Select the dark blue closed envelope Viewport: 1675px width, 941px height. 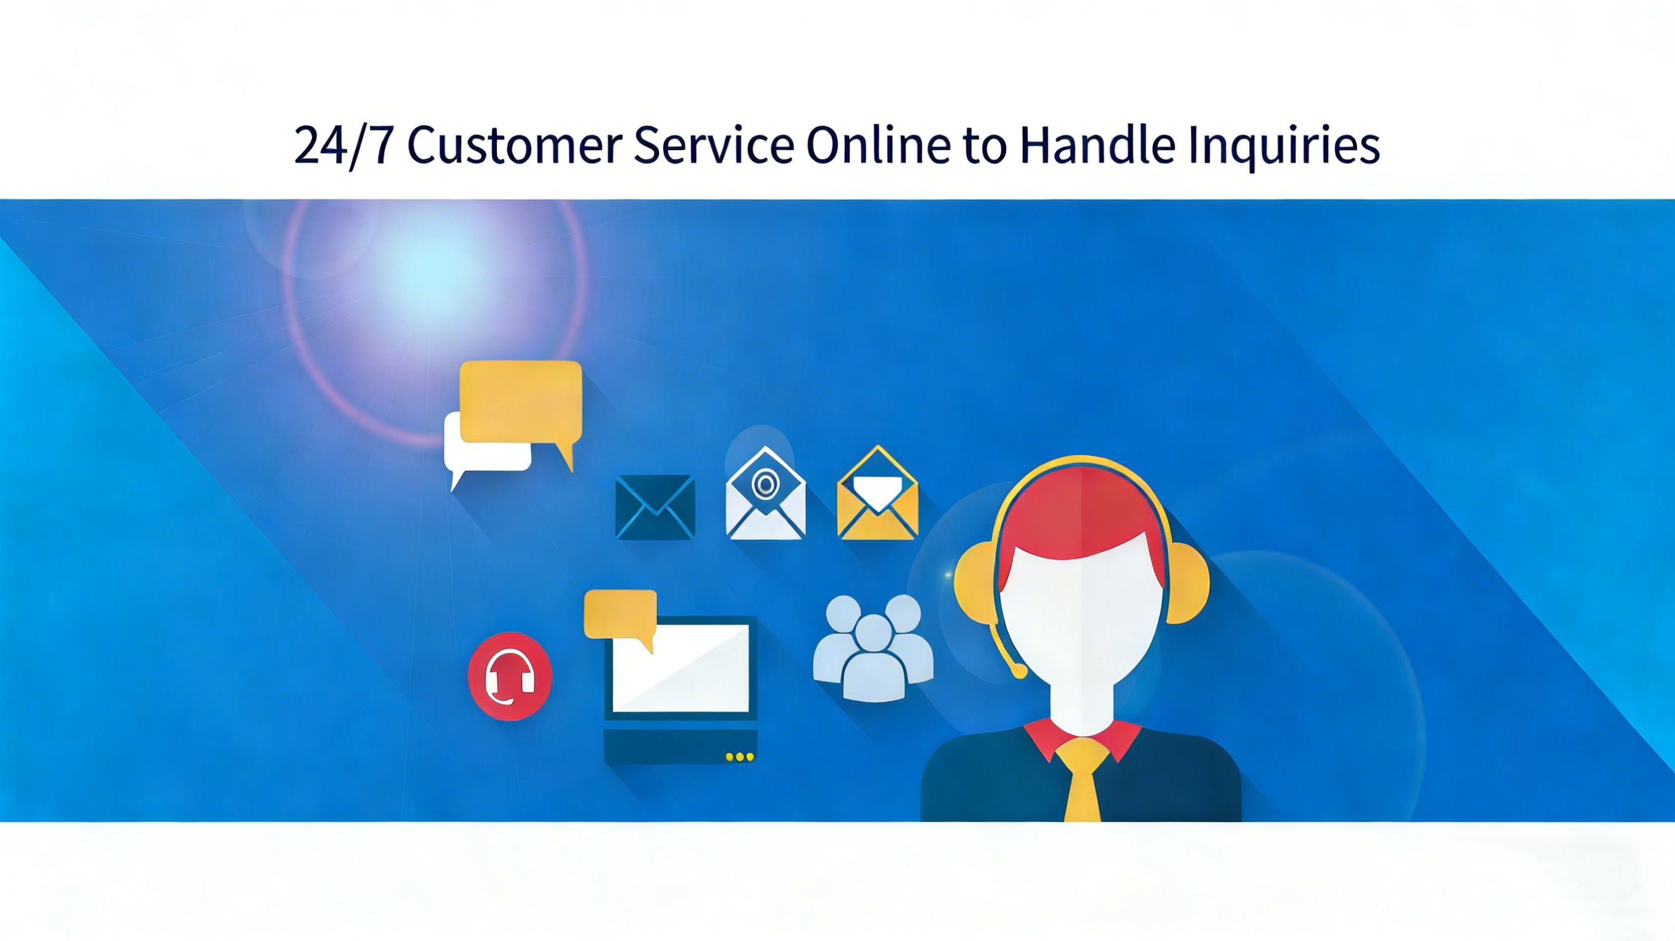pyautogui.click(x=655, y=507)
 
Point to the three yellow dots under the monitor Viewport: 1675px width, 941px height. pyautogui.click(x=740, y=757)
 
